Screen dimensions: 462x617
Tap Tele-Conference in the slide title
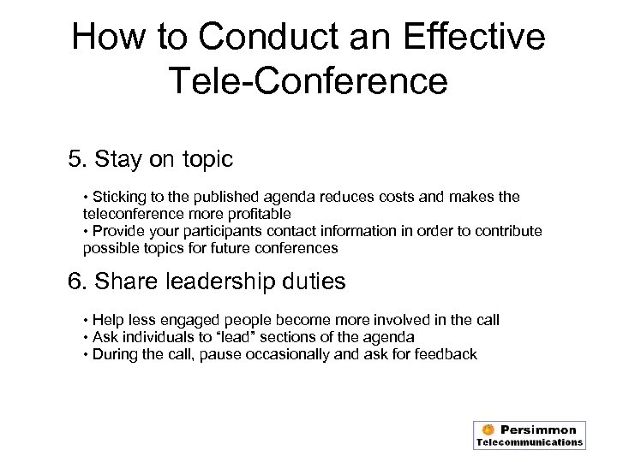[x=308, y=81]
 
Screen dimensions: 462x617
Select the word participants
[x=218, y=231]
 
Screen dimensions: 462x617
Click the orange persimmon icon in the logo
[x=488, y=429]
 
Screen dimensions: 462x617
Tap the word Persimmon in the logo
[x=539, y=429]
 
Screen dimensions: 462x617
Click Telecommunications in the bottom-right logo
[x=530, y=442]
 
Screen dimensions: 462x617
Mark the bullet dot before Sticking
[x=87, y=197]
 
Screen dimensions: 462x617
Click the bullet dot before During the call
[x=87, y=353]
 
